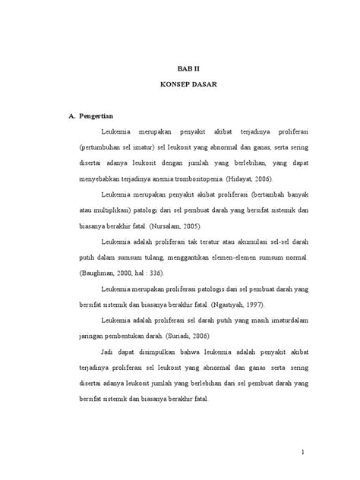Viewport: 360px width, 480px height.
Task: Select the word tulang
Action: click(144, 257)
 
